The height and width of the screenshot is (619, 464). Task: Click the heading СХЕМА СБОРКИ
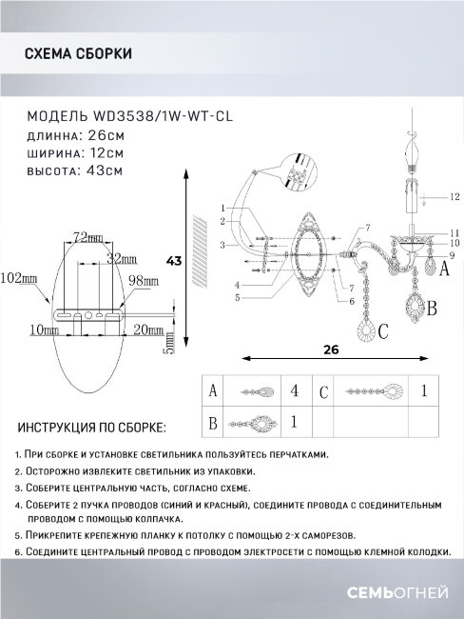pos(78,55)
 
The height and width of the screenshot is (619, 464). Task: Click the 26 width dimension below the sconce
pos(330,349)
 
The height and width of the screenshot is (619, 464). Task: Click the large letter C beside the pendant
pos(383,333)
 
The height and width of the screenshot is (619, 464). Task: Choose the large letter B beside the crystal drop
pos(431,309)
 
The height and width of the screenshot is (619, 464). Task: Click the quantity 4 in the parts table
pos(295,390)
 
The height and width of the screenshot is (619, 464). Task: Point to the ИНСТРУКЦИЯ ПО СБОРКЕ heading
pos(91,429)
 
